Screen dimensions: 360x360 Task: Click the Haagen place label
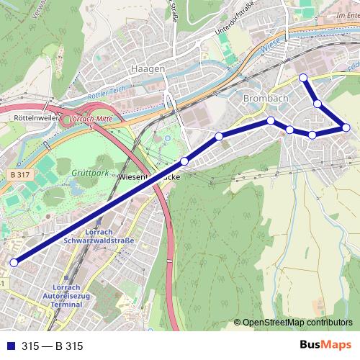point(148,68)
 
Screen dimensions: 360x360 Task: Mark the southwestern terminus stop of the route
point(13,263)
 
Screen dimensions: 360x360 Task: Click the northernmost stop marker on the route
point(303,77)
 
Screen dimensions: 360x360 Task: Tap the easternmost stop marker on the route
point(346,127)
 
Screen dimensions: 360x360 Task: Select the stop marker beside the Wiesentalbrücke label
point(185,161)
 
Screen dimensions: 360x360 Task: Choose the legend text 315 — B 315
point(52,346)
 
